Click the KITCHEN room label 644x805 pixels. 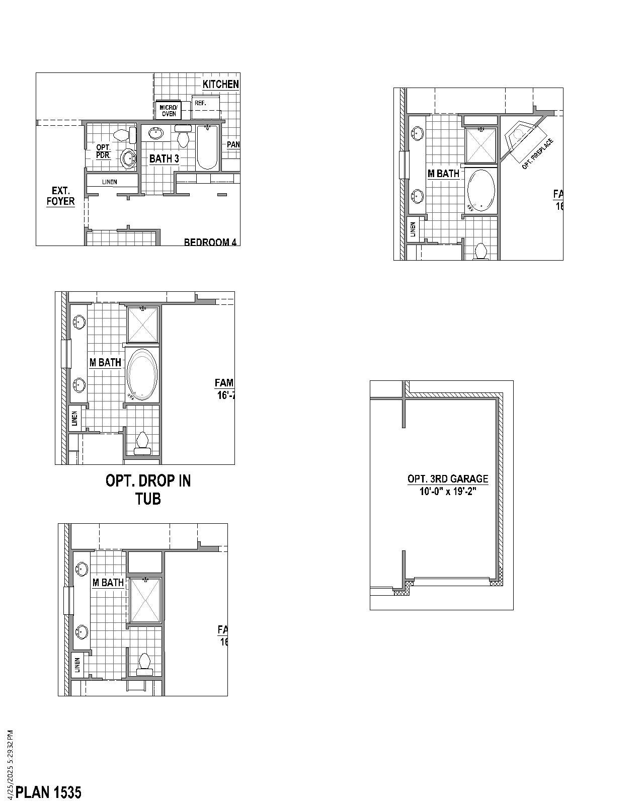220,84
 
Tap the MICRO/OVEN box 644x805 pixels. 169,111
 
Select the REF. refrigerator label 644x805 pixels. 200,103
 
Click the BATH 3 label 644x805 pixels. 164,159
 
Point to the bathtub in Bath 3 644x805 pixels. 207,147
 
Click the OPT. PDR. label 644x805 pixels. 103,151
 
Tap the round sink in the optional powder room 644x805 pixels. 129,158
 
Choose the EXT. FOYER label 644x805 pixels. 61,196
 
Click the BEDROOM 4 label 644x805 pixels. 210,242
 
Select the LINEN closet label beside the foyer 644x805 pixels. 109,182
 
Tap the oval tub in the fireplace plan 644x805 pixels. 481,190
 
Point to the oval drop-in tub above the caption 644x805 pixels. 142,374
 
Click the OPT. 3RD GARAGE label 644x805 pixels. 448,479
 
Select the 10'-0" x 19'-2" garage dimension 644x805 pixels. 448,492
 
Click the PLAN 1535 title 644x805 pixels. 48,792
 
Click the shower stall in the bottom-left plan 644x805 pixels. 145,600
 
